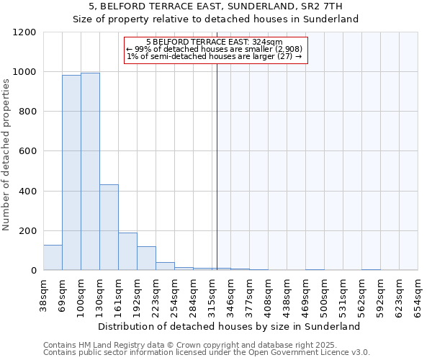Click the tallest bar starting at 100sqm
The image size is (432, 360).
(90, 171)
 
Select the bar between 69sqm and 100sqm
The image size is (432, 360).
(71, 173)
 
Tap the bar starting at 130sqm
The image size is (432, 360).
(109, 227)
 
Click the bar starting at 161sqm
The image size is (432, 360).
(127, 251)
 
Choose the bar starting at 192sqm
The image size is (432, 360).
(146, 258)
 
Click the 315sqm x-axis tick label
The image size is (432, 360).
(212, 294)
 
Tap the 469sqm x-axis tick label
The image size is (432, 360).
(306, 294)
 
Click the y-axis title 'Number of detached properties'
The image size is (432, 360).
(6, 156)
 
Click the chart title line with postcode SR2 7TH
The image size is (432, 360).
(216, 6)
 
